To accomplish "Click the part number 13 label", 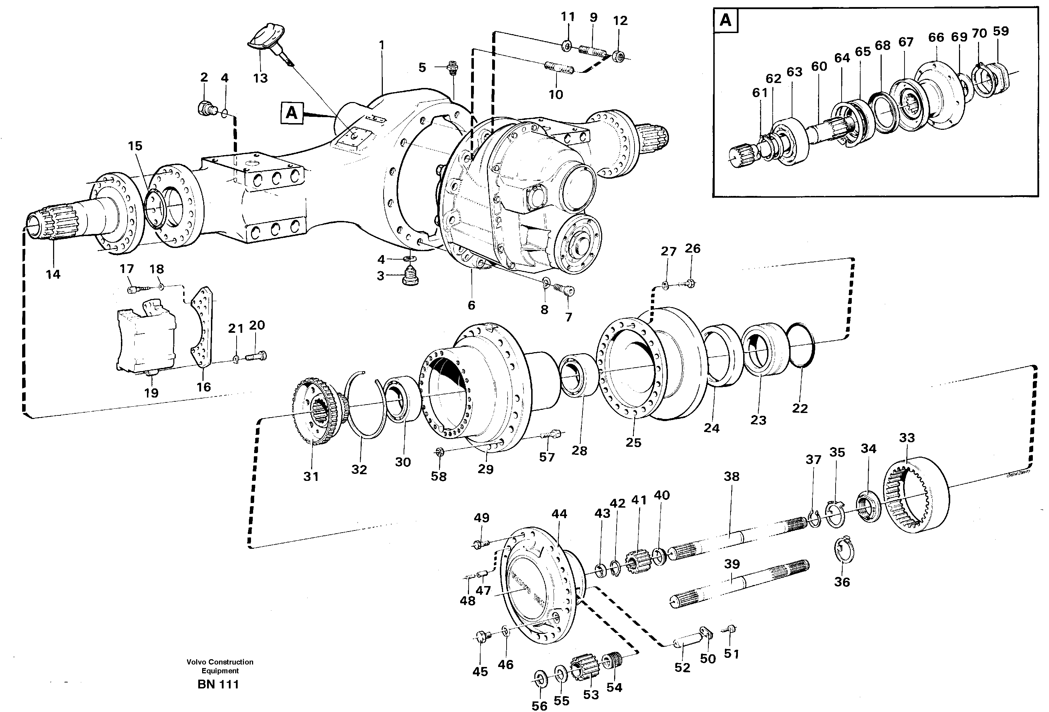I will [260, 78].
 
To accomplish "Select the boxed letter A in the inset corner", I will [725, 20].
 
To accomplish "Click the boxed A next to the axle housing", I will [291, 113].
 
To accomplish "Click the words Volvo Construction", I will [220, 662].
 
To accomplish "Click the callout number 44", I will [559, 514].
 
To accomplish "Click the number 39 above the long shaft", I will [732, 564].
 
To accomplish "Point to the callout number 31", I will [311, 476].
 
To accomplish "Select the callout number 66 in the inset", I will [936, 38].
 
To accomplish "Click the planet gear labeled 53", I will [585, 672].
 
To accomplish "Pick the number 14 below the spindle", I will [53, 274].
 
